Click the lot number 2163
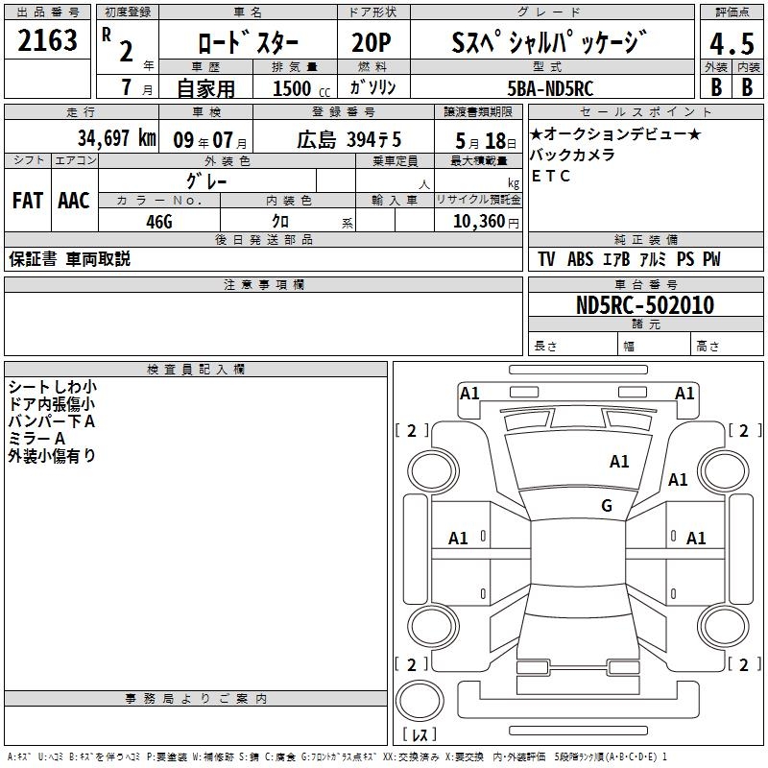(x=47, y=40)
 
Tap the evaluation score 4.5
(x=732, y=44)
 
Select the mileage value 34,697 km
(x=116, y=138)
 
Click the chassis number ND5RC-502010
(x=645, y=305)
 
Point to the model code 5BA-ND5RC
(x=550, y=88)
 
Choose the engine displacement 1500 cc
(x=301, y=88)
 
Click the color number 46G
(x=159, y=222)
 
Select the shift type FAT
(x=28, y=201)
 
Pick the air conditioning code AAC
(x=74, y=201)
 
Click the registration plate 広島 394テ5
(x=348, y=140)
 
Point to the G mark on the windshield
(x=607, y=505)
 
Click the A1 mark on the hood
(x=619, y=461)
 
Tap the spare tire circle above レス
(x=420, y=700)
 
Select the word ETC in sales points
(x=550, y=176)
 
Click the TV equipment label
(x=546, y=259)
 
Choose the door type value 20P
(x=372, y=42)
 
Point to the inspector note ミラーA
(x=36, y=439)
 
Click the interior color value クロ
(x=280, y=222)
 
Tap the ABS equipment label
(x=580, y=259)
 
